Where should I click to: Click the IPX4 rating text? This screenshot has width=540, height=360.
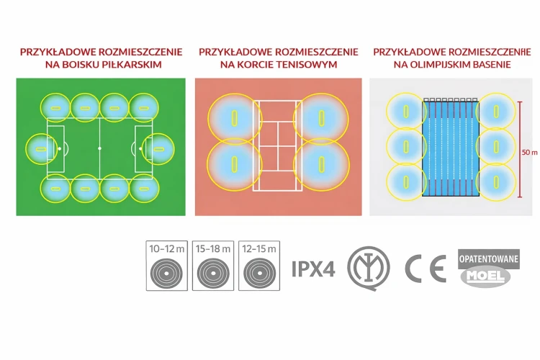(313, 269)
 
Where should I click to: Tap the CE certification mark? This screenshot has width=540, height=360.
(426, 269)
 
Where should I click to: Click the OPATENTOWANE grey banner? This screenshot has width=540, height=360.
(489, 258)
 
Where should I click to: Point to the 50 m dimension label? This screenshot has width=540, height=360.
(530, 152)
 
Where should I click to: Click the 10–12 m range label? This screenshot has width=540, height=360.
(167, 248)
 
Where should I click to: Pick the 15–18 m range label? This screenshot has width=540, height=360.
(213, 248)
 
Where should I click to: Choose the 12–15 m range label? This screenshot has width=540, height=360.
(259, 248)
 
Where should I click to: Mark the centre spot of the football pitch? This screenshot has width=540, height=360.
(99, 148)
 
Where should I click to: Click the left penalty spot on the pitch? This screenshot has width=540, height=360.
(60, 149)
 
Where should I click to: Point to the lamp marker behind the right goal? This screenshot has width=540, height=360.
(158, 149)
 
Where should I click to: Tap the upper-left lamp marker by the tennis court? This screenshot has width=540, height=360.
(235, 118)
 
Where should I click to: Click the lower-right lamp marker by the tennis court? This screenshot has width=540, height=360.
(321, 164)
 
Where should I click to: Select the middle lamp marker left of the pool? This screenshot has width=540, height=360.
(406, 146)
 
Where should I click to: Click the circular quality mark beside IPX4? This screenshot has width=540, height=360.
(369, 268)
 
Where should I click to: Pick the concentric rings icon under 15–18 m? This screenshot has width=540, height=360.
(213, 274)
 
